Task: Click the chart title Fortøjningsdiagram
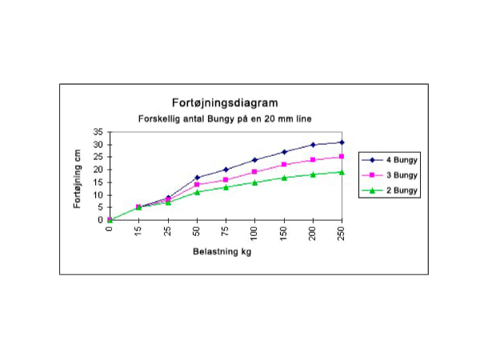[x=226, y=103]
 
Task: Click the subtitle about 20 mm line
[x=226, y=118]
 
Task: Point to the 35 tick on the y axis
[x=98, y=132]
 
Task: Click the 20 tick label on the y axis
[x=98, y=170]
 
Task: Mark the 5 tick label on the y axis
[x=101, y=207]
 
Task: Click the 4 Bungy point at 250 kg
[x=342, y=142]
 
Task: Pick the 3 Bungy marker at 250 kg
[x=342, y=157]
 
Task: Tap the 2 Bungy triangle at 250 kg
[x=342, y=172]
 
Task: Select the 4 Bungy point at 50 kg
[x=197, y=178]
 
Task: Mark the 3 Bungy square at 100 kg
[x=255, y=172]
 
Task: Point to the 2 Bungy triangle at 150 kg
[x=284, y=178]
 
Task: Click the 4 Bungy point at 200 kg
[x=314, y=145]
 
